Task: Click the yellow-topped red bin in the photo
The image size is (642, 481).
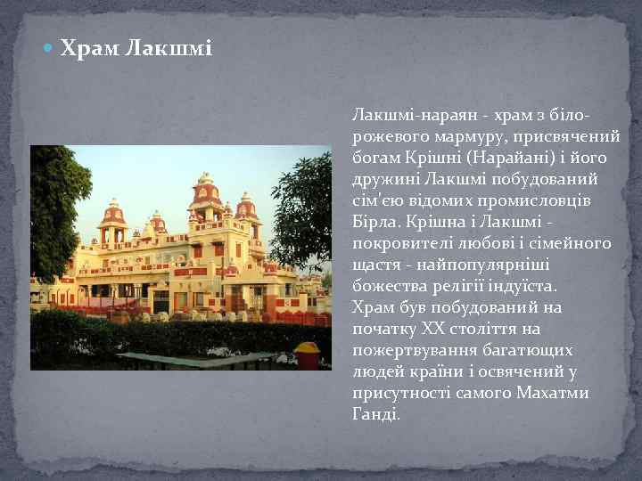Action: tap(308, 355)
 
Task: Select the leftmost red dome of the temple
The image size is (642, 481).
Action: tap(113, 214)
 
